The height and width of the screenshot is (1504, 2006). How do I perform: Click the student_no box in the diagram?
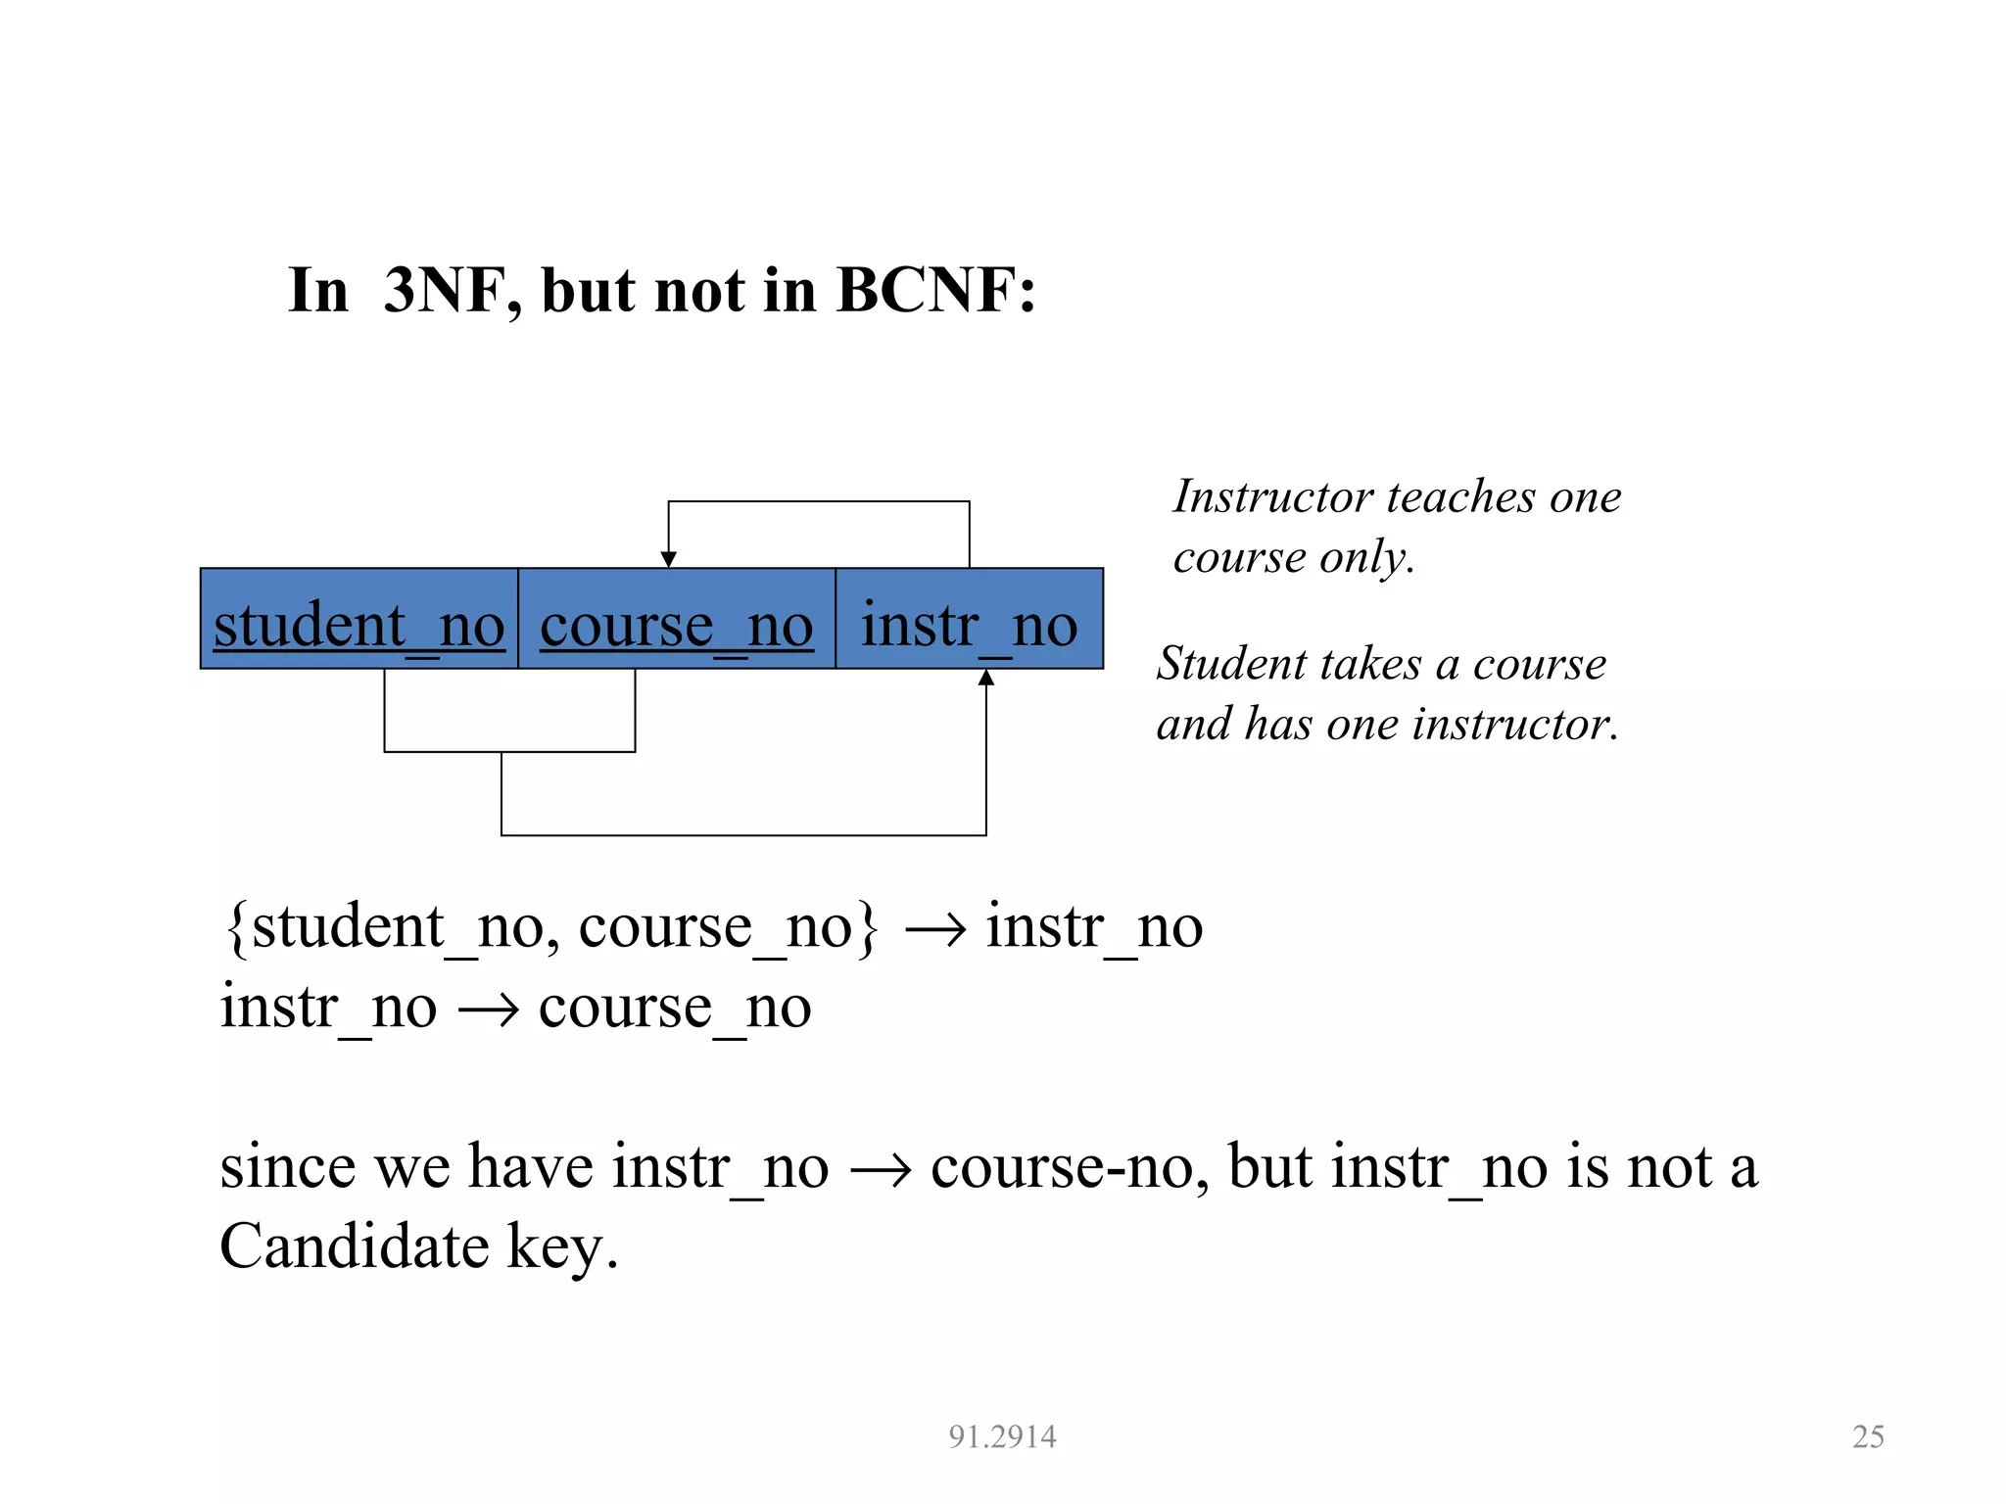click(x=358, y=620)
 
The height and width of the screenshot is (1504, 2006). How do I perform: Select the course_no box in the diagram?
click(x=676, y=620)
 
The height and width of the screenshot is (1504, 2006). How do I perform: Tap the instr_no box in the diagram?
click(x=969, y=620)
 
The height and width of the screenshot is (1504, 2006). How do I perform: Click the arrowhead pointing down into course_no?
click(x=669, y=559)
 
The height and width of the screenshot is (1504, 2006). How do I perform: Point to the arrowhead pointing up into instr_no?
click(x=986, y=678)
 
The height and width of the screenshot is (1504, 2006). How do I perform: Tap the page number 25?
click(x=1868, y=1436)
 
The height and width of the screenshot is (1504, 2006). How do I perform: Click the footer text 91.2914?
click(x=1002, y=1436)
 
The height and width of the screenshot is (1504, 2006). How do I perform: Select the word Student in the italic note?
click(x=1230, y=664)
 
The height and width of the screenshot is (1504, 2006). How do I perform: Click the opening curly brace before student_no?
click(x=235, y=926)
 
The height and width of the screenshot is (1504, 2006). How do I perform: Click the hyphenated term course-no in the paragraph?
click(x=1070, y=1167)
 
